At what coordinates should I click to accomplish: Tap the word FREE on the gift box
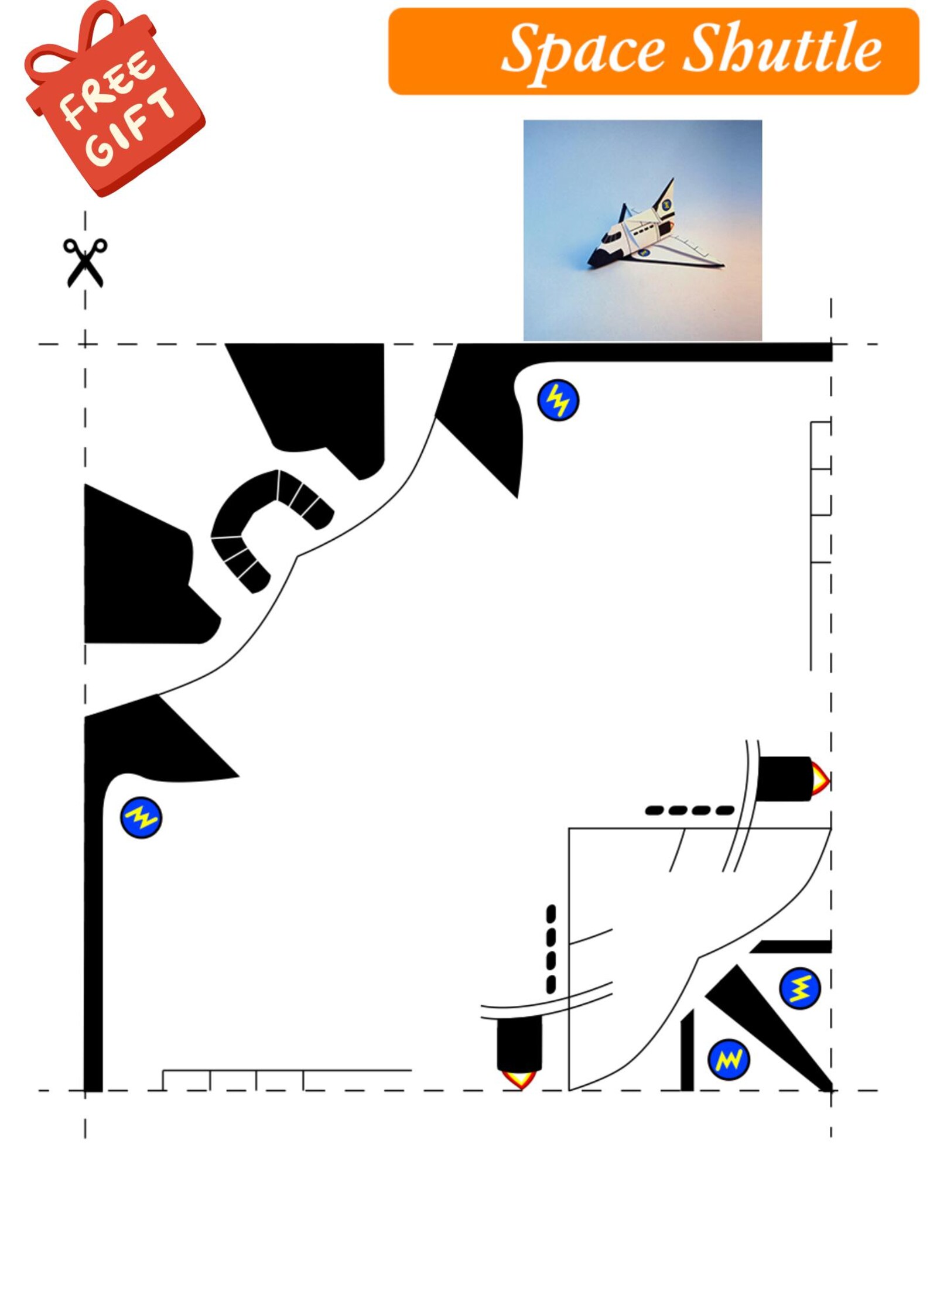coord(108,88)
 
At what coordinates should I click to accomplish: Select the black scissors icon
coord(86,262)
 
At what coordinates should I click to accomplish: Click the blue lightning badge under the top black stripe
coord(558,400)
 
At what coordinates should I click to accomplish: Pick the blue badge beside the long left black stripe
coord(141,817)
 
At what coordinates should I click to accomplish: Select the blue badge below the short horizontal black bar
coord(800,989)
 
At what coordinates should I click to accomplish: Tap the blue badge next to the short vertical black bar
coord(729,1060)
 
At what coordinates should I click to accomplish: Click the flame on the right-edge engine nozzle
coord(820,779)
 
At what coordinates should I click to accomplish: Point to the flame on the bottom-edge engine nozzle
coord(519,1078)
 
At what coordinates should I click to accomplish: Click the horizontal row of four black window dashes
coord(689,811)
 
